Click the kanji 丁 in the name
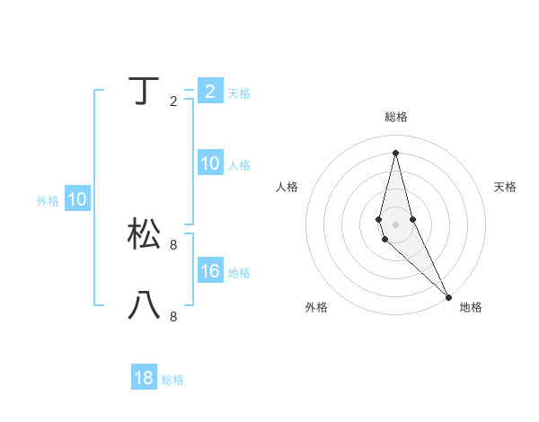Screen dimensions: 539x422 click(x=145, y=92)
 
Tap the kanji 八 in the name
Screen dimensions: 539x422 click(x=145, y=305)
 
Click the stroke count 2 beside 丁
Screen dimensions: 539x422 click(x=173, y=101)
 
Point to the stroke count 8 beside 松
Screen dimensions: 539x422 click(x=173, y=244)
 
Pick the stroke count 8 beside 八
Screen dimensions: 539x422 click(x=173, y=316)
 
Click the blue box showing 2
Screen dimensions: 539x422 click(x=210, y=92)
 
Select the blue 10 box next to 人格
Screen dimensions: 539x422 click(x=210, y=163)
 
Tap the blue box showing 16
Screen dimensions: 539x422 click(x=210, y=271)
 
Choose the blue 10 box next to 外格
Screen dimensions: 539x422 click(x=77, y=199)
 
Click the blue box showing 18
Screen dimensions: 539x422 click(x=144, y=378)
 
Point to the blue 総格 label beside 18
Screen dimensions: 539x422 click(x=172, y=380)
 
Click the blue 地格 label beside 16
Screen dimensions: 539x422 click(x=239, y=273)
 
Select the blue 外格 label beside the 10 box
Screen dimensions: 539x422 click(x=48, y=201)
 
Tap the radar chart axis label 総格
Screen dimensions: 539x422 click(x=396, y=117)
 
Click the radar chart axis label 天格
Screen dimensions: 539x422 click(x=506, y=187)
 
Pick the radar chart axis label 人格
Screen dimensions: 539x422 click(x=287, y=187)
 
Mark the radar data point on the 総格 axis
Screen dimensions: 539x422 click(x=396, y=152)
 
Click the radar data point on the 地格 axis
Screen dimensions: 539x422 click(x=448, y=296)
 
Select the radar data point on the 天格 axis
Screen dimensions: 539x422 click(x=412, y=219)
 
